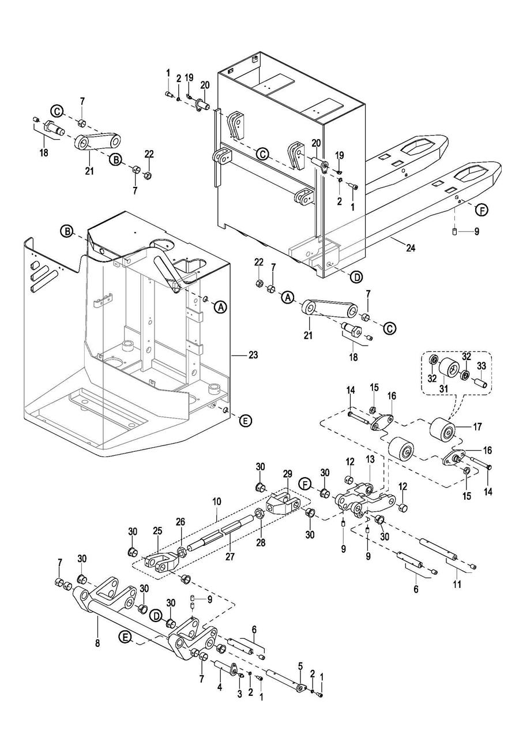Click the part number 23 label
253,355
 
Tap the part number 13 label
370,459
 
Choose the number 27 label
230,556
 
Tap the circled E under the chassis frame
245,420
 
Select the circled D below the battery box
356,277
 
